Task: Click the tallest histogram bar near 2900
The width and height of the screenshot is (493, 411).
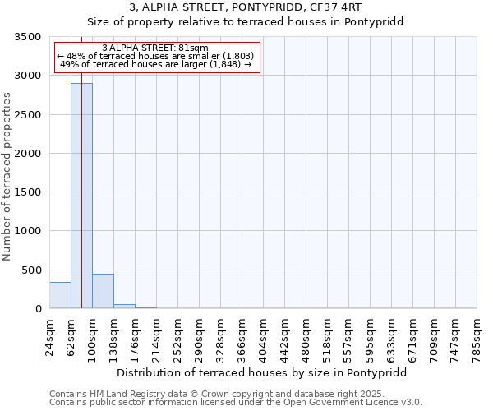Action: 81,196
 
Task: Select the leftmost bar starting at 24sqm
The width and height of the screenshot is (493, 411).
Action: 60,295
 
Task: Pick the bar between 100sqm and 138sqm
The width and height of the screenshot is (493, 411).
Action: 103,291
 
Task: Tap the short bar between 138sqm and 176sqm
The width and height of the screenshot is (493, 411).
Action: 124,306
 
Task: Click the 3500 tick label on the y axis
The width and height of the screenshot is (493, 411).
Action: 28,37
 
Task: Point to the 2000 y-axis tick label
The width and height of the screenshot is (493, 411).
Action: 28,154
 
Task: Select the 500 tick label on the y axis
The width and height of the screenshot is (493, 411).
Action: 31,270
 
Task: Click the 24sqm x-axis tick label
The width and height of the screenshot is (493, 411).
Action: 49,335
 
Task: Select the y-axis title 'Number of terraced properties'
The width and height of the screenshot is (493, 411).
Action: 8,177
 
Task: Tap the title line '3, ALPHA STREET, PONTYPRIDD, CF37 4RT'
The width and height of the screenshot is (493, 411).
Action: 246,7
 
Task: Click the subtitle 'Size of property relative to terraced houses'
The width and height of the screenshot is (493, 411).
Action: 246,22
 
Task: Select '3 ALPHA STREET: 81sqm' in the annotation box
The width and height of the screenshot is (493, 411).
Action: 155,48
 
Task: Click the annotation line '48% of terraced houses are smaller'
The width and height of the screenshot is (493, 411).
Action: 155,56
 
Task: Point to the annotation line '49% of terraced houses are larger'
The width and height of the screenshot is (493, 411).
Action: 155,64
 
